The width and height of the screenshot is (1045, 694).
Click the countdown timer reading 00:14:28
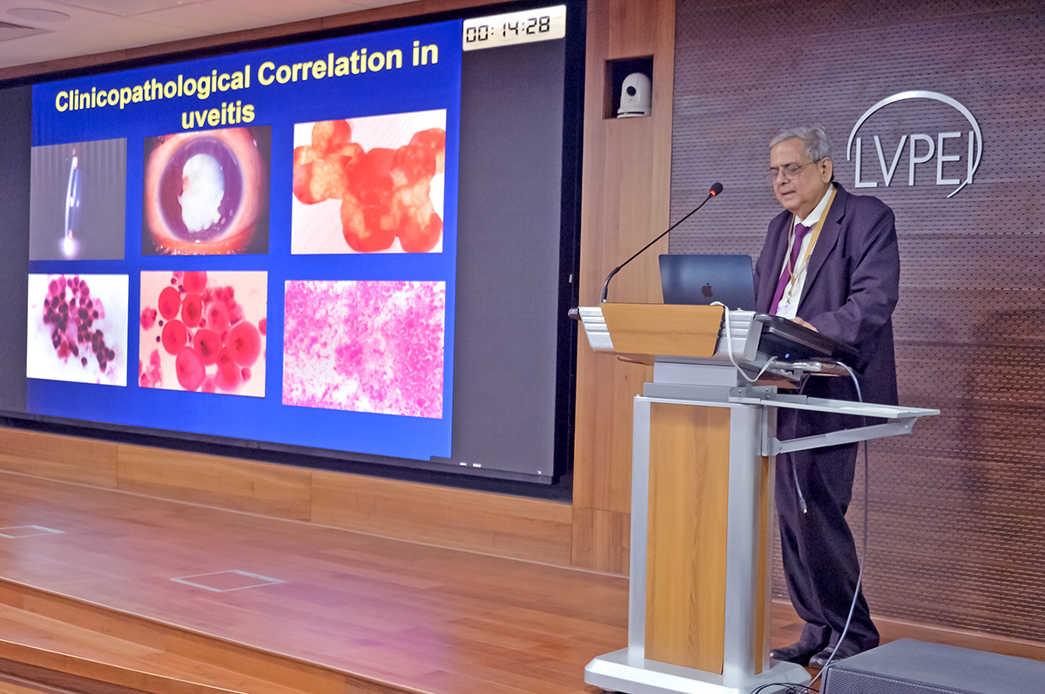click(514, 28)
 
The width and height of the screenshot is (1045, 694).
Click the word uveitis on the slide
click(219, 115)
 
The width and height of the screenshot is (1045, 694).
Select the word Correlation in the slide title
click(330, 66)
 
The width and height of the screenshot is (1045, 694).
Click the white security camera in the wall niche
click(634, 95)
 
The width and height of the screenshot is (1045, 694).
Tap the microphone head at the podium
click(716, 189)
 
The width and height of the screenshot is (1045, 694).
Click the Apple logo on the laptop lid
click(707, 291)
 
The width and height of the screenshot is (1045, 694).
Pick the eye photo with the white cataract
click(206, 190)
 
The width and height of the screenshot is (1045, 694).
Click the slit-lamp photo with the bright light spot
click(78, 199)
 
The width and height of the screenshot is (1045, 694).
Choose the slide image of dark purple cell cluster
click(78, 330)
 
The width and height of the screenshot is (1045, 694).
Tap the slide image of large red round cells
click(203, 334)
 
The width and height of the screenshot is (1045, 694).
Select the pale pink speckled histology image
click(363, 349)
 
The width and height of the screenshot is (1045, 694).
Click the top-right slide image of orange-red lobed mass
click(368, 182)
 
